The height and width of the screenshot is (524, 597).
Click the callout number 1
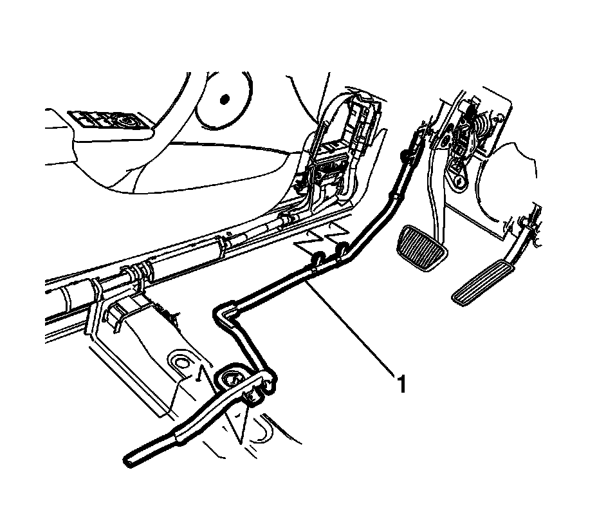[x=401, y=385]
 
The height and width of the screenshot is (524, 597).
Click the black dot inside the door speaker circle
[x=225, y=99]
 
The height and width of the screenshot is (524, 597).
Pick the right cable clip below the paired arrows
[x=342, y=248]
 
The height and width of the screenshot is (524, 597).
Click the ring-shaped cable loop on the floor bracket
[x=232, y=379]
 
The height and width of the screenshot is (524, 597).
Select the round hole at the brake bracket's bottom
[x=457, y=183]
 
